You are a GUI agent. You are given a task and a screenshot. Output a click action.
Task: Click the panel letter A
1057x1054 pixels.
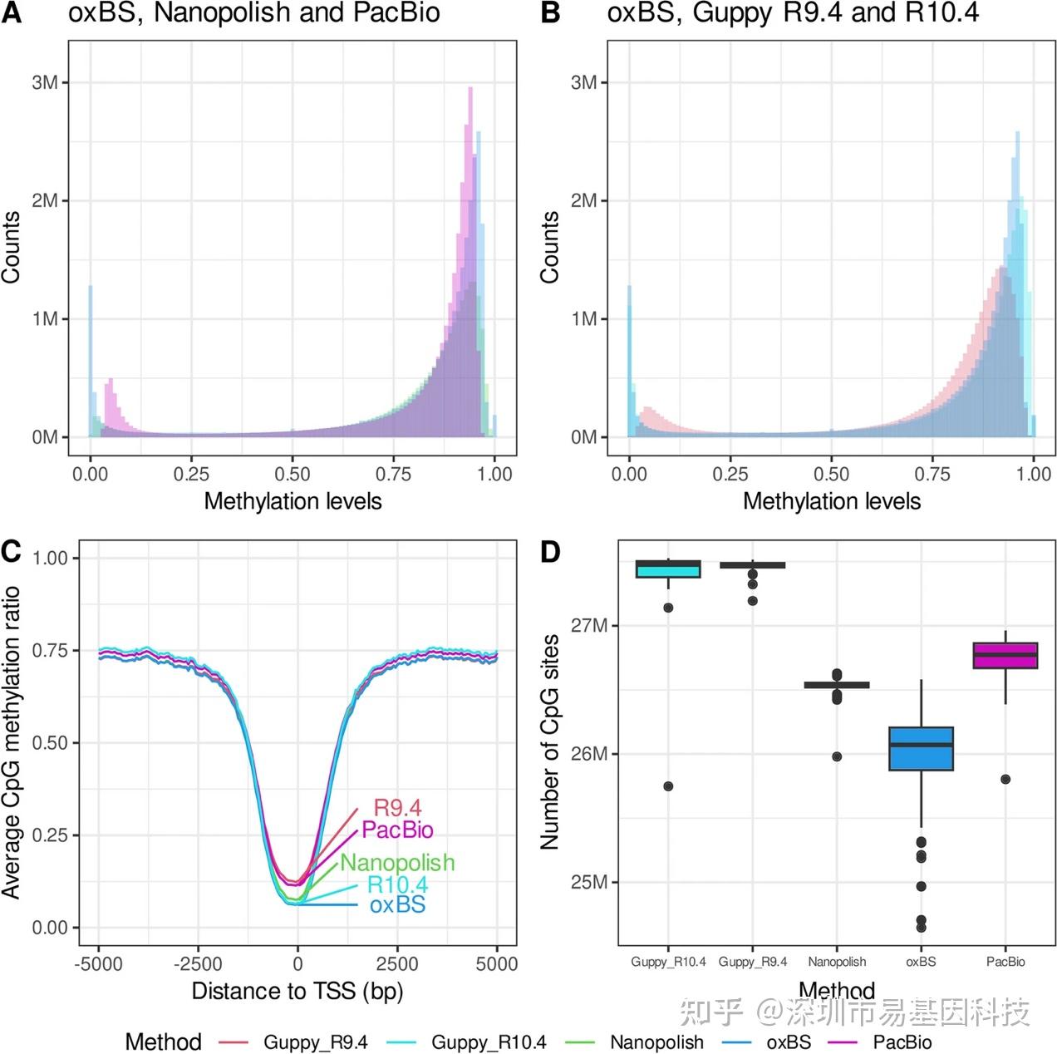[11, 12]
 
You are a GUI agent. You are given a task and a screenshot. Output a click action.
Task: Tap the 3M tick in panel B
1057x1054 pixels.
[583, 82]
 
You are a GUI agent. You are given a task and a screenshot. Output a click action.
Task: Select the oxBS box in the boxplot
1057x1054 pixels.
[921, 748]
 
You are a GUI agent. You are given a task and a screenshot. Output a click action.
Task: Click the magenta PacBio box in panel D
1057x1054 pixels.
[1005, 655]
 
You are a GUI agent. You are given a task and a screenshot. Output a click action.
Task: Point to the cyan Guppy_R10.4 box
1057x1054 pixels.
[668, 569]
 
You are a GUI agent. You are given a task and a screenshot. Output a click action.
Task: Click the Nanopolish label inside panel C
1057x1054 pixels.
[397, 863]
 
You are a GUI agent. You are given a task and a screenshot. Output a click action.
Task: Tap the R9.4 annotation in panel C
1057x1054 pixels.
[397, 807]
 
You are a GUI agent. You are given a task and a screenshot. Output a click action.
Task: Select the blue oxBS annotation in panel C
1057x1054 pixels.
[397, 904]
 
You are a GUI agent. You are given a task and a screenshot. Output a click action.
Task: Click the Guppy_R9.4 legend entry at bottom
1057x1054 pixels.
[315, 1042]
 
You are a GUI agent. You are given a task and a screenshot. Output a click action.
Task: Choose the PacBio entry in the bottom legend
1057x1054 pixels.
[902, 1042]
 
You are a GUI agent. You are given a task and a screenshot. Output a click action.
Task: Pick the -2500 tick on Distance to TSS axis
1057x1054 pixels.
[198, 963]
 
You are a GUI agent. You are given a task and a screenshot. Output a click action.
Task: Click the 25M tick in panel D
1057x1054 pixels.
[588, 882]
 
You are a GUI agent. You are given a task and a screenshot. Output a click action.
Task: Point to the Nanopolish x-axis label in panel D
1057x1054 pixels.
[837, 962]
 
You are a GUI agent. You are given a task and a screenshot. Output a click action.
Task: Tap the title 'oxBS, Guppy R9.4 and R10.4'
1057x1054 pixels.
[793, 12]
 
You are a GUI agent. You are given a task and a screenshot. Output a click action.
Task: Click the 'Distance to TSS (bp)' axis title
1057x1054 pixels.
[297, 991]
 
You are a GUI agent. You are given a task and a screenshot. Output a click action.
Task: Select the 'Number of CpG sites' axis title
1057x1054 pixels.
[550, 741]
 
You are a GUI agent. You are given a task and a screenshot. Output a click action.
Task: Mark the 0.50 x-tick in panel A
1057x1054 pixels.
[293, 474]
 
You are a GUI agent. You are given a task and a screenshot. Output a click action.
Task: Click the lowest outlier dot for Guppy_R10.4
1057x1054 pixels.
[668, 786]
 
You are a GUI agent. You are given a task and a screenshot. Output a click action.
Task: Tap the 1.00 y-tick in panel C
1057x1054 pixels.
[50, 558]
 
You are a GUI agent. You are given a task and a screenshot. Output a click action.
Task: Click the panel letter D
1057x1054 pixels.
[550, 552]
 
